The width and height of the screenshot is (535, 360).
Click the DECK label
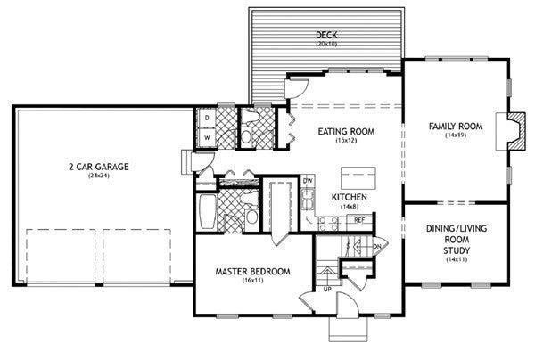click(326, 35)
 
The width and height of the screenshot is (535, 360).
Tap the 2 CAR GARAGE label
click(99, 167)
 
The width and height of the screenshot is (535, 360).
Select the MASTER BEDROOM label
click(253, 272)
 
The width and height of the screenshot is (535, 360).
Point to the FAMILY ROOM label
click(456, 127)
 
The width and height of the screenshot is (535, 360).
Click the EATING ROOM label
click(346, 132)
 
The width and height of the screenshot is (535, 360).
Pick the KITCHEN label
click(350, 197)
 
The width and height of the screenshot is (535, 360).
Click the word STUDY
click(457, 250)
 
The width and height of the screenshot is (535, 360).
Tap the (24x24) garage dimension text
click(99, 176)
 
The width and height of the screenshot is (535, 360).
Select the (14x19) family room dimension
click(456, 135)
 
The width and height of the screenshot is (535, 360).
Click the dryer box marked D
click(207, 118)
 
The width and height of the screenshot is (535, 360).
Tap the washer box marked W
click(207, 138)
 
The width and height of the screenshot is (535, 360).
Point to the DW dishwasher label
click(308, 181)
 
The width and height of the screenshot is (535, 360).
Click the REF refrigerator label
click(359, 220)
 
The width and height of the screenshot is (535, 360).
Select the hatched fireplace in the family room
click(517, 131)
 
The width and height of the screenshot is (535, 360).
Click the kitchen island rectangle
click(358, 178)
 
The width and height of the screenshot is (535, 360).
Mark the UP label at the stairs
click(327, 290)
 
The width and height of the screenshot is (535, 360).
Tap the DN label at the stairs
click(377, 246)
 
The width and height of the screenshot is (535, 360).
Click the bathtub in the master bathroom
click(208, 211)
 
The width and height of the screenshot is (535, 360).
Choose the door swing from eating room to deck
click(298, 88)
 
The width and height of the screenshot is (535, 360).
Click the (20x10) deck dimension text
click(326, 44)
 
